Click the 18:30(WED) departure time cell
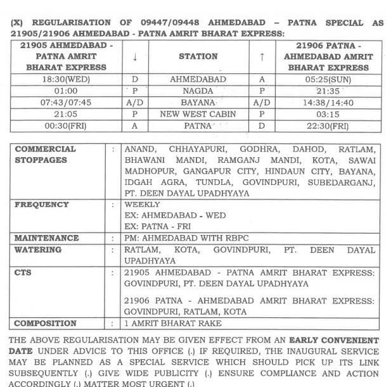click(67, 80)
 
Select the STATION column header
click(198, 56)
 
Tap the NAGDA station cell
click(198, 92)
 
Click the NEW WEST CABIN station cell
click(198, 115)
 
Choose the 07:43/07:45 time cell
click(67, 103)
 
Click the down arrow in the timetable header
click(135, 56)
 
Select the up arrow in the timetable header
click(262, 56)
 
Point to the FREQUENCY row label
click(42, 205)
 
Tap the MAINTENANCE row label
click(47, 238)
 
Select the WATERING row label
click(38, 250)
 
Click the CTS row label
click(23, 272)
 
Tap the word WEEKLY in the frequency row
click(143, 205)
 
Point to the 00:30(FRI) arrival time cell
click(67, 126)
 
